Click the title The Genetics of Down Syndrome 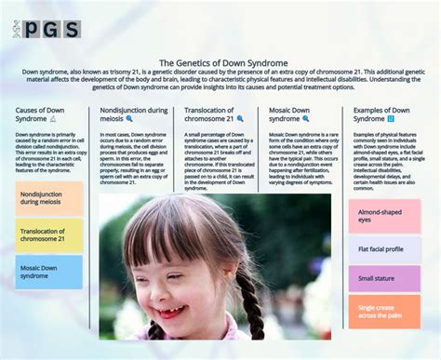coord(220,62)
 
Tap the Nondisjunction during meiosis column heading coord(134,114)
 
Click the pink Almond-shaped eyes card coord(384,216)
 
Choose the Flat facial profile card coord(384,249)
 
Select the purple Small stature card coord(384,278)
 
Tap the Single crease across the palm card coord(384,312)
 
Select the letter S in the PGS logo coord(70,29)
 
